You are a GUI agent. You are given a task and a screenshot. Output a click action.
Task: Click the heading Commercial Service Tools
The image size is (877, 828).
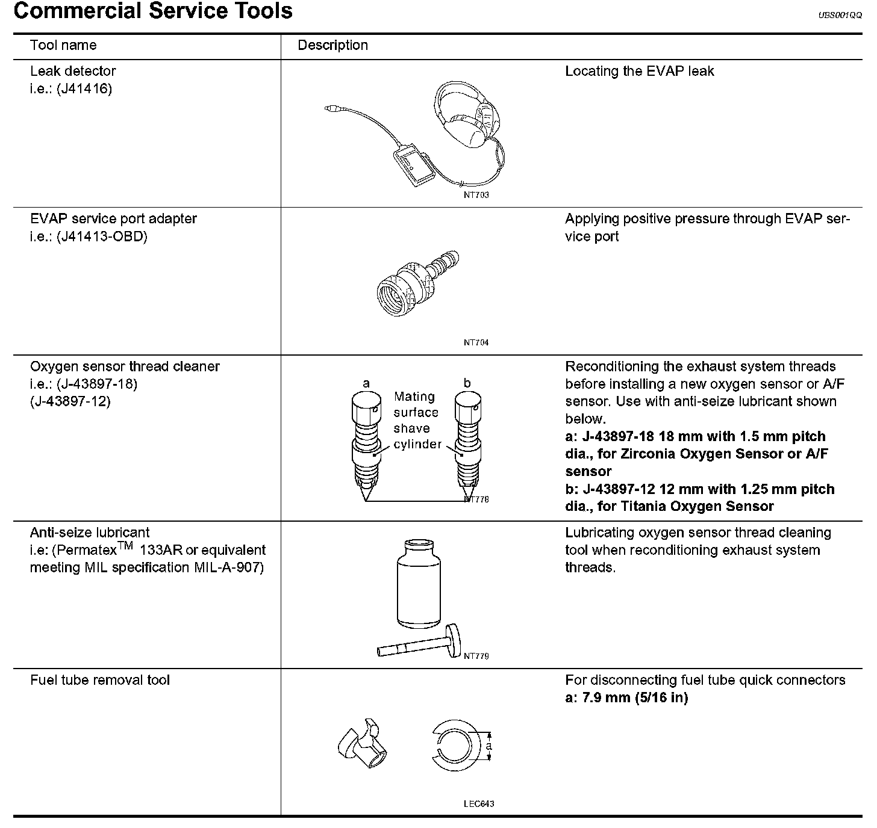[153, 11]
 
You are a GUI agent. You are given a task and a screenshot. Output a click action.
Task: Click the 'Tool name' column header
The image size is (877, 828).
[63, 45]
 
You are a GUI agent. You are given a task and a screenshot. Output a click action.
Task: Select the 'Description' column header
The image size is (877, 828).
[332, 45]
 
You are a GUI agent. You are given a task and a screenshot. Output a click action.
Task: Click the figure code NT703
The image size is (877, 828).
[476, 195]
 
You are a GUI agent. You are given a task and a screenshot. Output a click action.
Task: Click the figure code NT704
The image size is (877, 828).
[476, 342]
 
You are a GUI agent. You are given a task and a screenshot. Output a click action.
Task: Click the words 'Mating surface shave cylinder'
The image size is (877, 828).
[416, 420]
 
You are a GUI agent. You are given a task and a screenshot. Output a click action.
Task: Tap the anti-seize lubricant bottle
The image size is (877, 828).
[416, 584]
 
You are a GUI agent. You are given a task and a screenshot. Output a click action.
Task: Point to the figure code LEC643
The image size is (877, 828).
[479, 803]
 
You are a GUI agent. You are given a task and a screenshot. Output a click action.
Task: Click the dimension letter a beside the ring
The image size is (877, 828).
[489, 746]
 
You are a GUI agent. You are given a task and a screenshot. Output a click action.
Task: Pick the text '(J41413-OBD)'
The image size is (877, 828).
[102, 236]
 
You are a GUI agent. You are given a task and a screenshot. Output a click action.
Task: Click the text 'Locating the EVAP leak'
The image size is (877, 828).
[639, 71]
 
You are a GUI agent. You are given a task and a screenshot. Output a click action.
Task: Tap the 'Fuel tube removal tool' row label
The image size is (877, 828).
[100, 680]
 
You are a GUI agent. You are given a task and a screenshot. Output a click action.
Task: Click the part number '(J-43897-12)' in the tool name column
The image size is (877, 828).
[70, 401]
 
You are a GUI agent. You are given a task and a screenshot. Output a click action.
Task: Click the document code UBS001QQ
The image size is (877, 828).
[840, 16]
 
